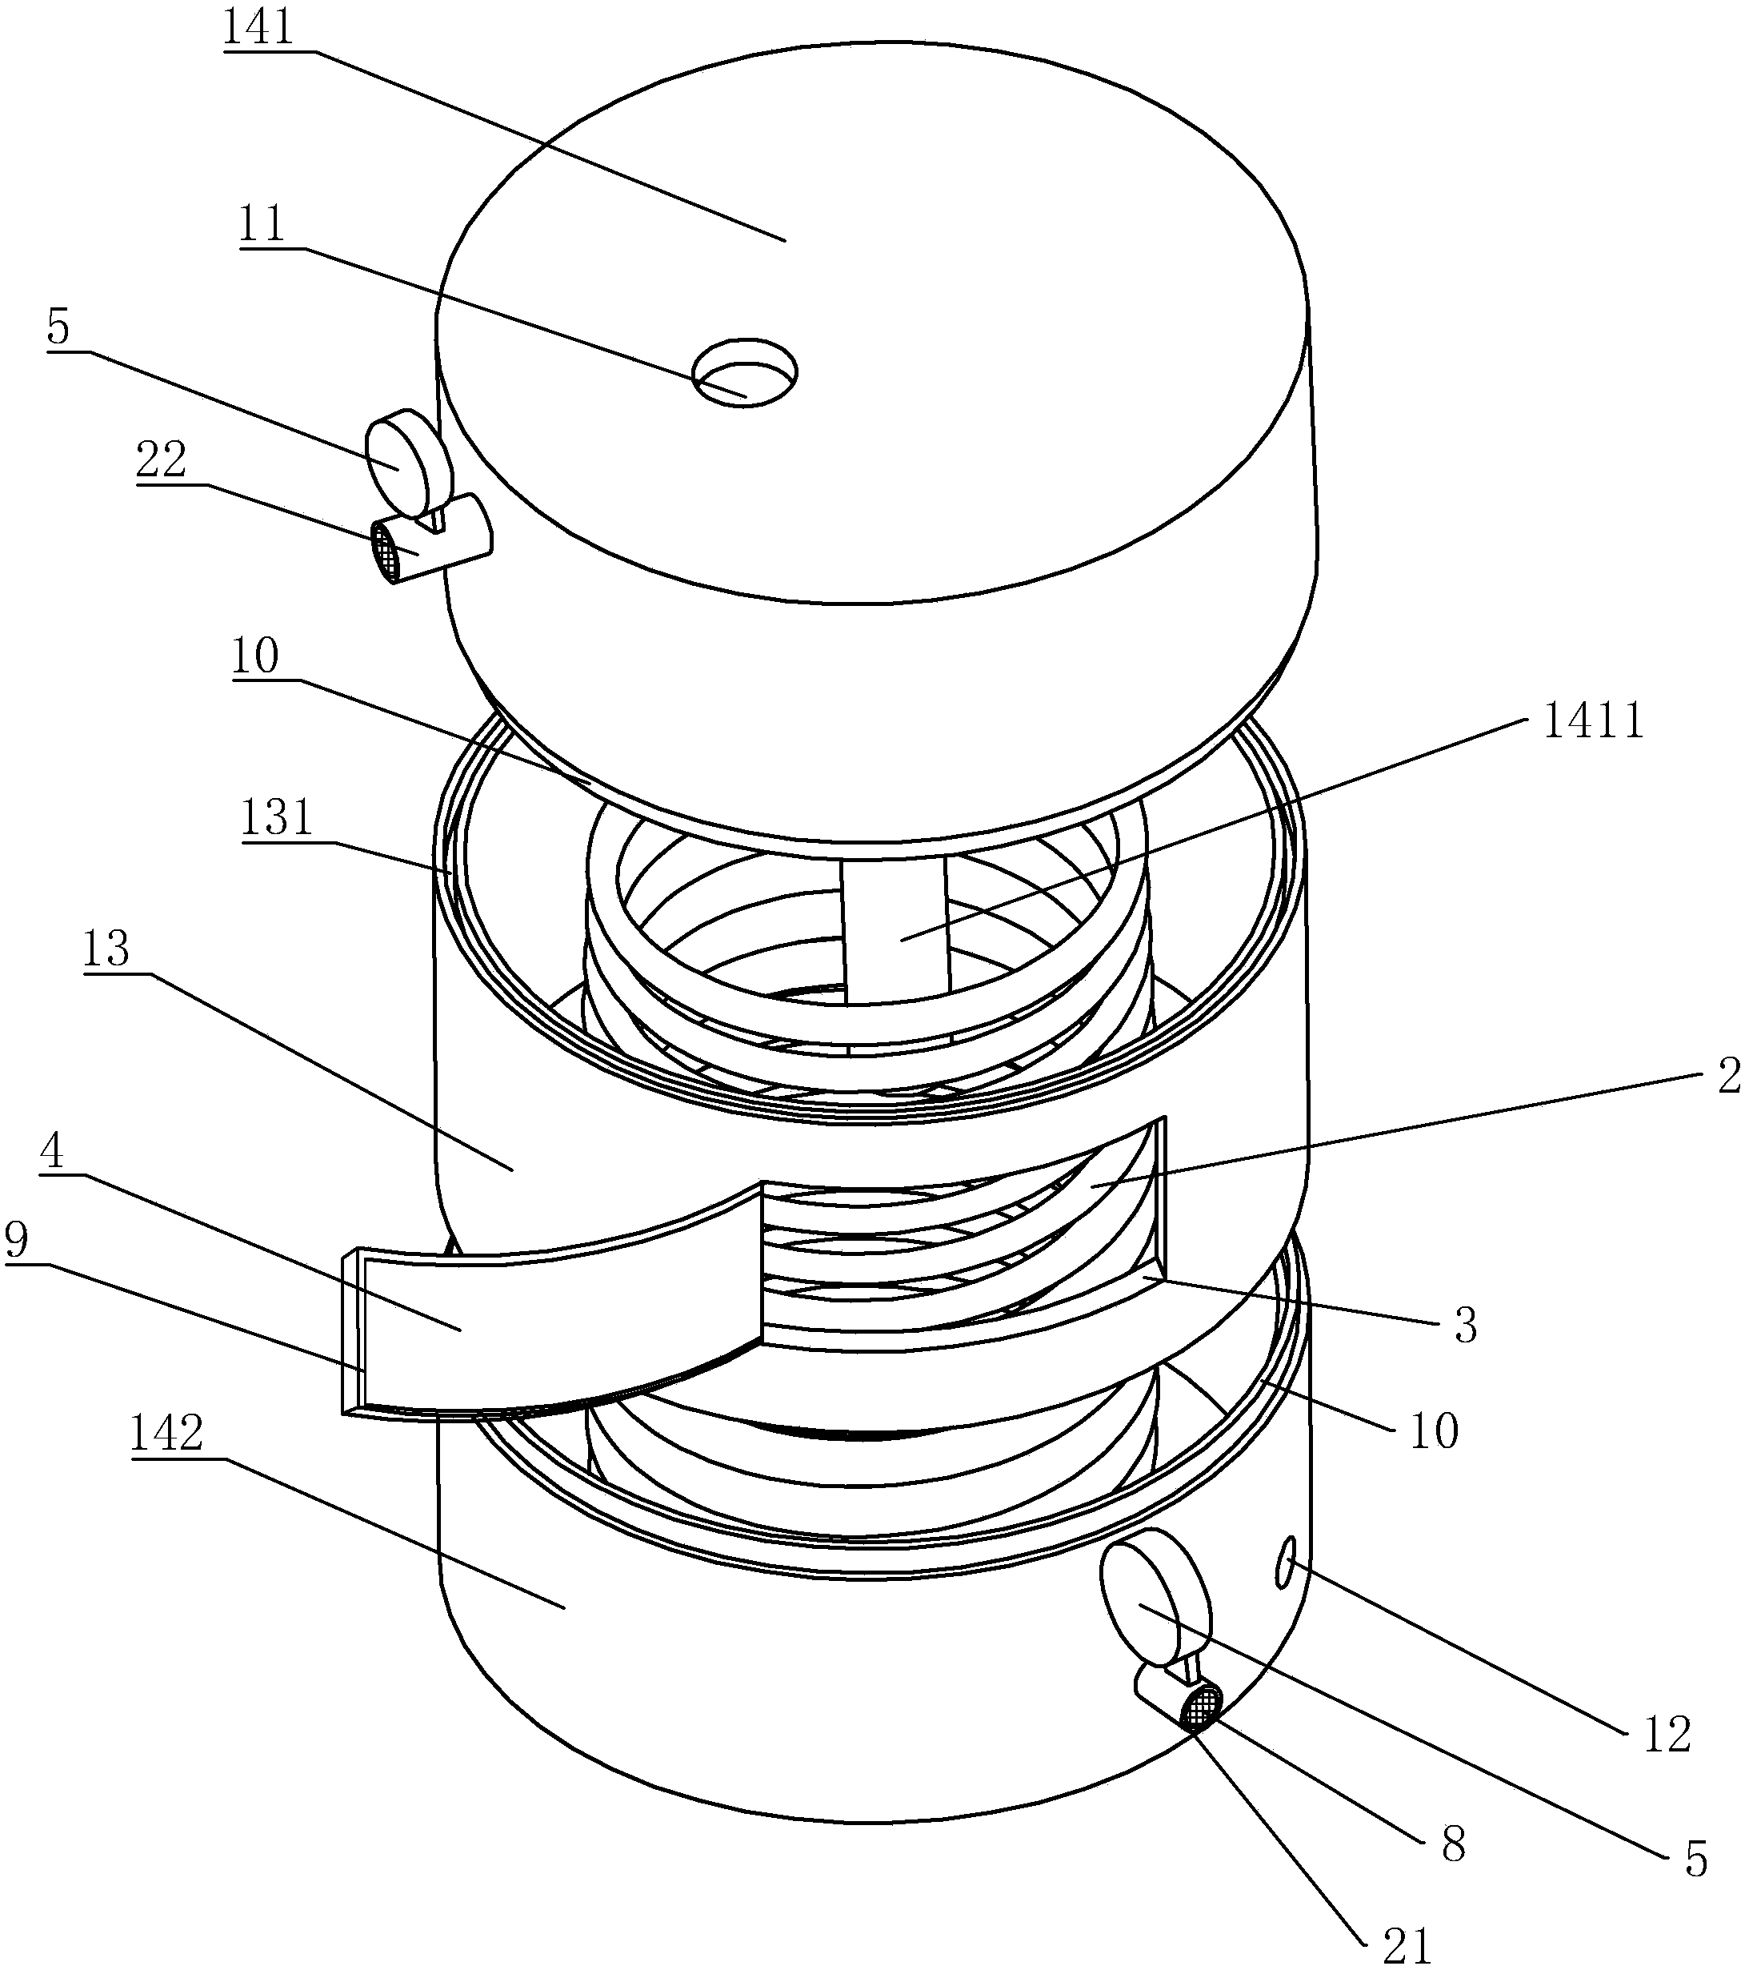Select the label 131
coord(278,818)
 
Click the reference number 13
coord(106,949)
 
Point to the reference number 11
coord(262,225)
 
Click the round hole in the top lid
coord(746,372)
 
